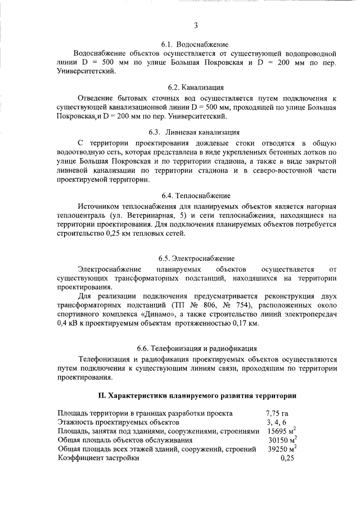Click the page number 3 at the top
[x=195, y=25]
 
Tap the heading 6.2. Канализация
[x=196, y=88]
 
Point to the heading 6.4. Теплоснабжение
[x=196, y=196]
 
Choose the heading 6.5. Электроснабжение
[x=196, y=258]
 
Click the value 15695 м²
[x=281, y=430]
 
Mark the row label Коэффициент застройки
[x=98, y=458]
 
